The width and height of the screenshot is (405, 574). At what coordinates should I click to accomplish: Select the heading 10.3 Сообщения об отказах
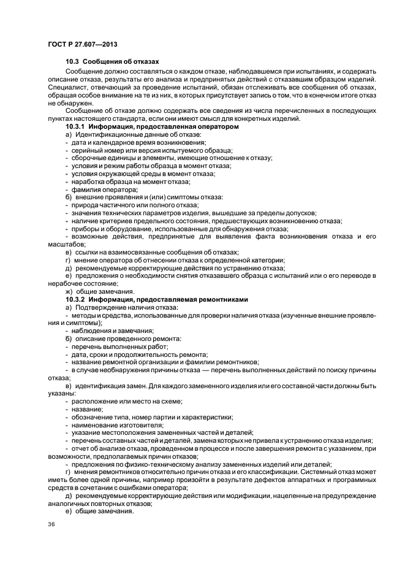tap(112, 62)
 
